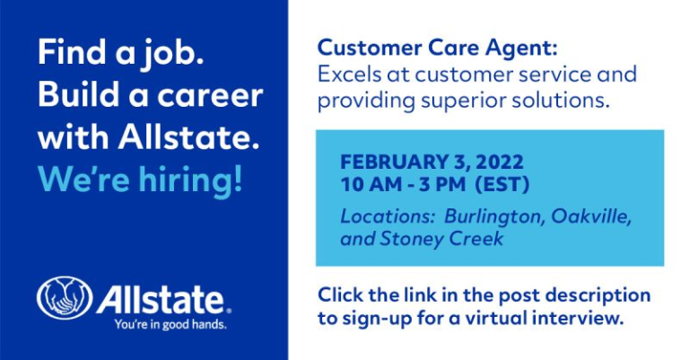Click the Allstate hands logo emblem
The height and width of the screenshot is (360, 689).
click(65, 297)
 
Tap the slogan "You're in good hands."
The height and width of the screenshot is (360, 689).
click(170, 325)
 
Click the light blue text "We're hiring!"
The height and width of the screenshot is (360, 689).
click(140, 180)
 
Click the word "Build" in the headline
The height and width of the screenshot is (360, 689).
click(78, 94)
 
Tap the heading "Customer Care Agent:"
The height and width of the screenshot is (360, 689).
click(437, 48)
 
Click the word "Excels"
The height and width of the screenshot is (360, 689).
click(349, 75)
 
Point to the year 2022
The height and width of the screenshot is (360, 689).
click(499, 162)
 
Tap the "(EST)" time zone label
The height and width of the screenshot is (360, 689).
click(502, 184)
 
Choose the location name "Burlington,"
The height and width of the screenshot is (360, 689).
click(494, 217)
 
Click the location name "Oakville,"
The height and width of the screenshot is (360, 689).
click(591, 216)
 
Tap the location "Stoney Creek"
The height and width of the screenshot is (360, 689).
click(441, 240)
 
